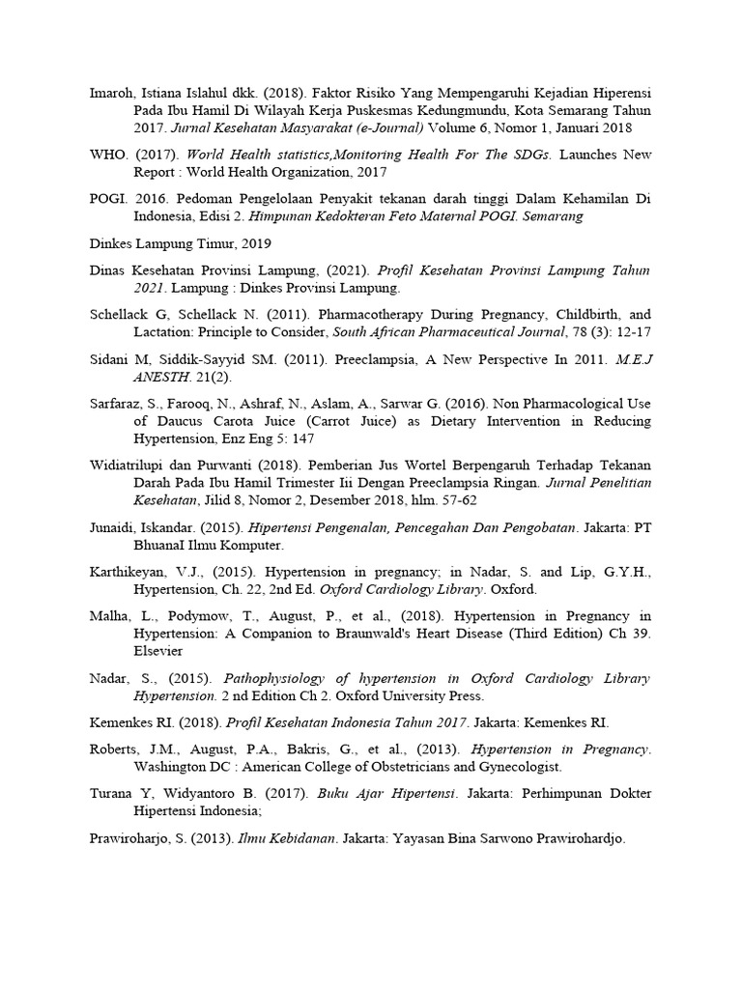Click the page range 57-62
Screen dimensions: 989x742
[x=457, y=500]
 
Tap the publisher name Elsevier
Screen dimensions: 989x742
[x=159, y=650]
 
